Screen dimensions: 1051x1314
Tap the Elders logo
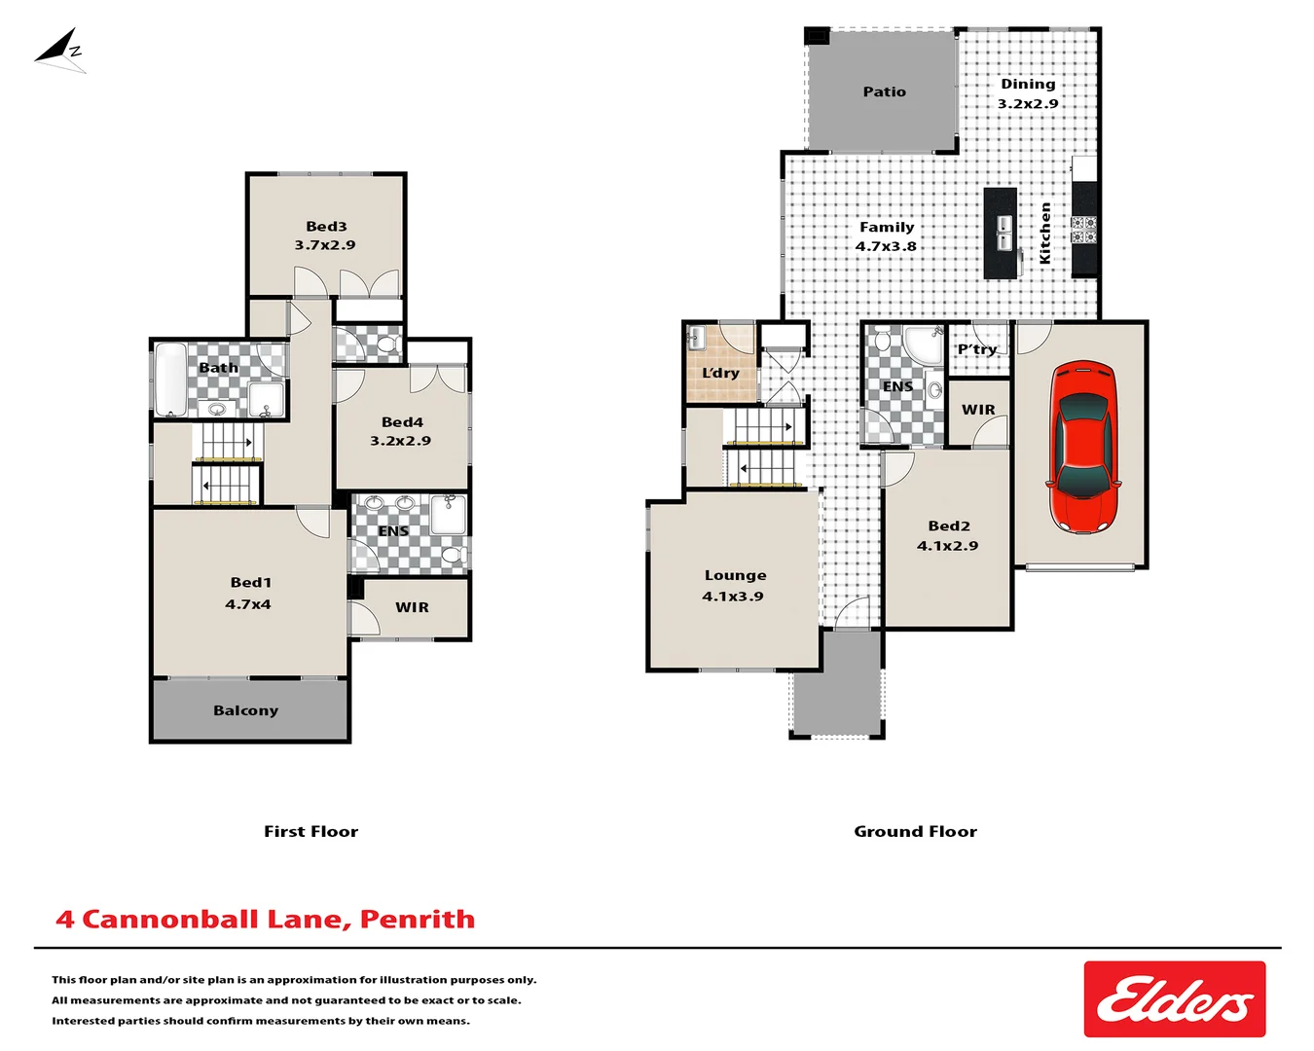tap(1174, 999)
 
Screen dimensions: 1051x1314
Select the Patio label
tap(884, 91)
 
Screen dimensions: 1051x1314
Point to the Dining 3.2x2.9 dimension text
tap(1028, 104)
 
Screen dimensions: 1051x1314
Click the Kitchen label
tap(1045, 233)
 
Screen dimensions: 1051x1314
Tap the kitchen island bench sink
tap(1002, 234)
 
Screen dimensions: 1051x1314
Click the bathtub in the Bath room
tap(170, 380)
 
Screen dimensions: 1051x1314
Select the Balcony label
tap(245, 710)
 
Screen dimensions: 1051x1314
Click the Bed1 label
tap(250, 582)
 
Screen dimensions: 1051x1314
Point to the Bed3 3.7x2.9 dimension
tap(325, 245)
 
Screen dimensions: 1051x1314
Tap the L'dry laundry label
tap(720, 373)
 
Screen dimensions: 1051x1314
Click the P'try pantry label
tap(976, 349)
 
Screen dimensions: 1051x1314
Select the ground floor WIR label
tap(978, 410)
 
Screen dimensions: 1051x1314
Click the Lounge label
tap(735, 575)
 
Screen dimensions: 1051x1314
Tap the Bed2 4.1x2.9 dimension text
tap(947, 546)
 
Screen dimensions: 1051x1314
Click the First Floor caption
tap(310, 831)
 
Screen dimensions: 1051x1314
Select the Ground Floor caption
tap(915, 831)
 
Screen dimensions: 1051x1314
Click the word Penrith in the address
tap(418, 919)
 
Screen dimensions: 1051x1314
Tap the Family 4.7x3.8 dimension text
tap(886, 247)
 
